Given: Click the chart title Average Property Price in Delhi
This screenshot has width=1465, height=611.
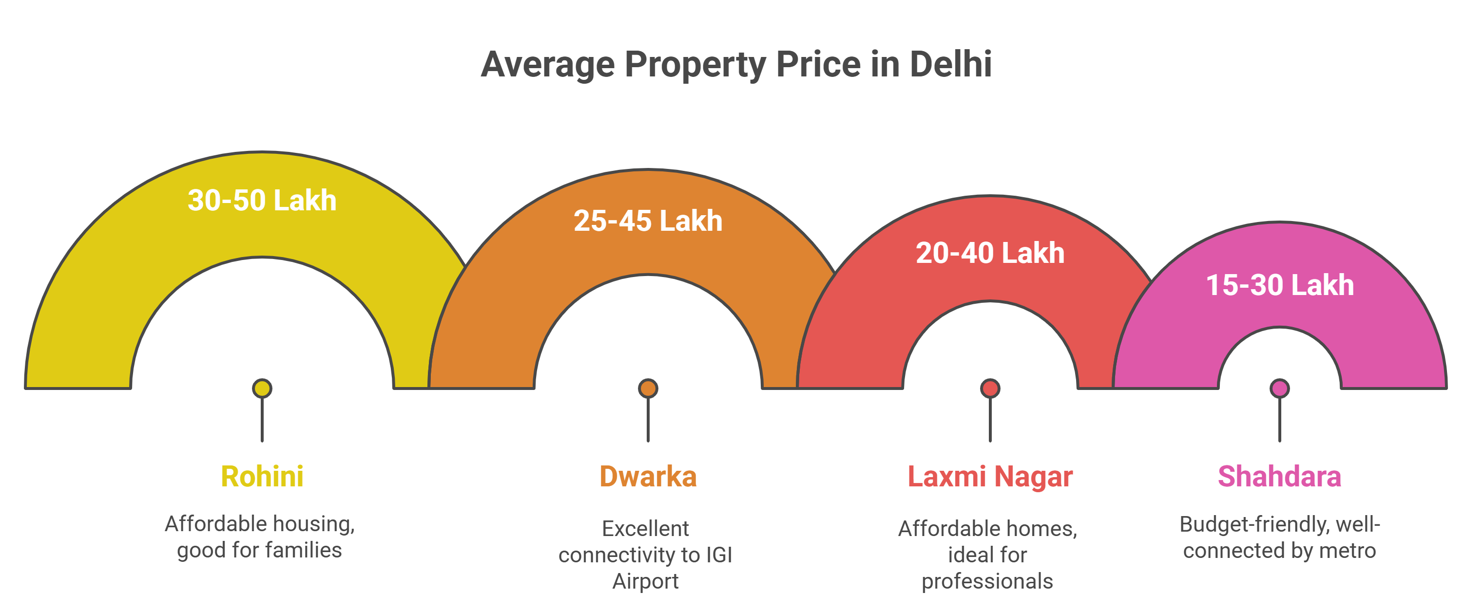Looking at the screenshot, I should (736, 64).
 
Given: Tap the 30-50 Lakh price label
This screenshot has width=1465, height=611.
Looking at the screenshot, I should (262, 201).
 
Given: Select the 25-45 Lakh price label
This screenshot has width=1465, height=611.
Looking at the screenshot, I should (648, 221).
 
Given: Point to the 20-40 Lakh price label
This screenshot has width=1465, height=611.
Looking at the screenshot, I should (990, 253).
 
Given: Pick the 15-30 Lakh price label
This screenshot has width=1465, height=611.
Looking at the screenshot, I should (1280, 285).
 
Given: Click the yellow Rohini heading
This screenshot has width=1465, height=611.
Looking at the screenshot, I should (262, 476).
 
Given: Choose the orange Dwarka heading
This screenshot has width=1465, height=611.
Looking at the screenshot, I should (648, 476).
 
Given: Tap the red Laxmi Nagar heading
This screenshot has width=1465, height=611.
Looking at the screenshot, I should (990, 476).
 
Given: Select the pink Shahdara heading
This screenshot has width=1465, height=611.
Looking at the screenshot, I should (1280, 476).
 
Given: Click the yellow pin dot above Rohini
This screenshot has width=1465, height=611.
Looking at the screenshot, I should (262, 389).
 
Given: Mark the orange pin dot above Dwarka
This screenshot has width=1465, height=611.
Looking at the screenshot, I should (648, 389).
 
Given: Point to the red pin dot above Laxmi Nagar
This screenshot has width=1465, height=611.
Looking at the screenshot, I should (990, 389).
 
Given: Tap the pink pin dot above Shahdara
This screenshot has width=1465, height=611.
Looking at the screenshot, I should (1280, 389).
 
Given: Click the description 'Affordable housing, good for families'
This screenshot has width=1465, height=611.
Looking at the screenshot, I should (260, 537).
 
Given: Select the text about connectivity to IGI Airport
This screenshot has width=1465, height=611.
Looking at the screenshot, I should (645, 555).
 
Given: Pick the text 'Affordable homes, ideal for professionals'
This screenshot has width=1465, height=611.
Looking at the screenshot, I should (987, 555).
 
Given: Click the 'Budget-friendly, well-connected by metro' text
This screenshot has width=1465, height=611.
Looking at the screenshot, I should (1280, 537).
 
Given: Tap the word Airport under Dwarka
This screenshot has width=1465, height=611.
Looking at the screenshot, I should (645, 581).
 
